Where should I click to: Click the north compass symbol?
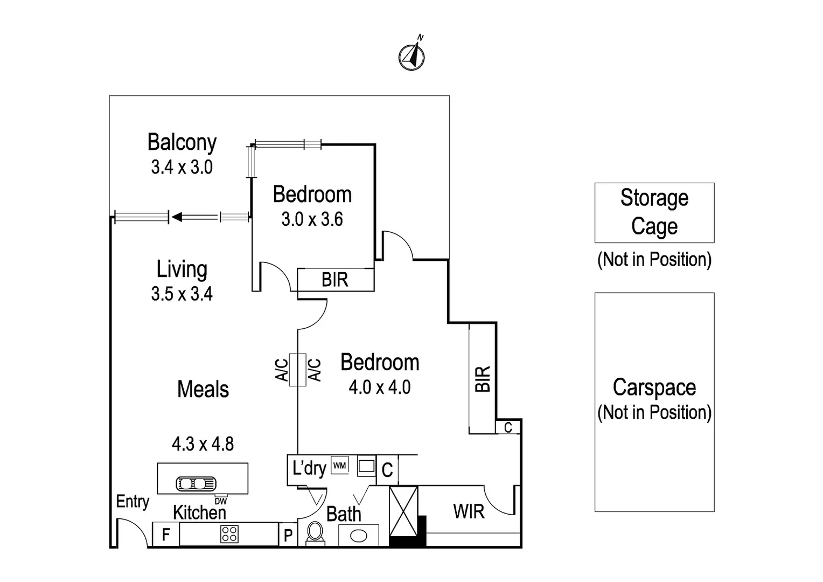(412, 56)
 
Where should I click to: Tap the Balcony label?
(182, 143)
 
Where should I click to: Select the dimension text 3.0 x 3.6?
(312, 219)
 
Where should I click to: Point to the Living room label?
(182, 269)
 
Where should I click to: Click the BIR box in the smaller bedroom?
(336, 280)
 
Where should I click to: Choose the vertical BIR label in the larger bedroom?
(483, 378)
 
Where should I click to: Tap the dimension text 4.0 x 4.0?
(380, 387)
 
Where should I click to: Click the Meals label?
(203, 390)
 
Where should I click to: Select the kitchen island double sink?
(196, 483)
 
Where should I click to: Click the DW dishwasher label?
(221, 501)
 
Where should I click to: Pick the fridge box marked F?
(166, 535)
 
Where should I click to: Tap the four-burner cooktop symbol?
(229, 534)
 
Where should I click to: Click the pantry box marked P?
(288, 535)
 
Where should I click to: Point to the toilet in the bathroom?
(315, 534)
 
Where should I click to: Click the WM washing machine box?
(339, 465)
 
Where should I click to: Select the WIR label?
(469, 511)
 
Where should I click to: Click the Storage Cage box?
(654, 212)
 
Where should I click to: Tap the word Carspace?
(654, 387)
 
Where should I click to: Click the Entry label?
(132, 502)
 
